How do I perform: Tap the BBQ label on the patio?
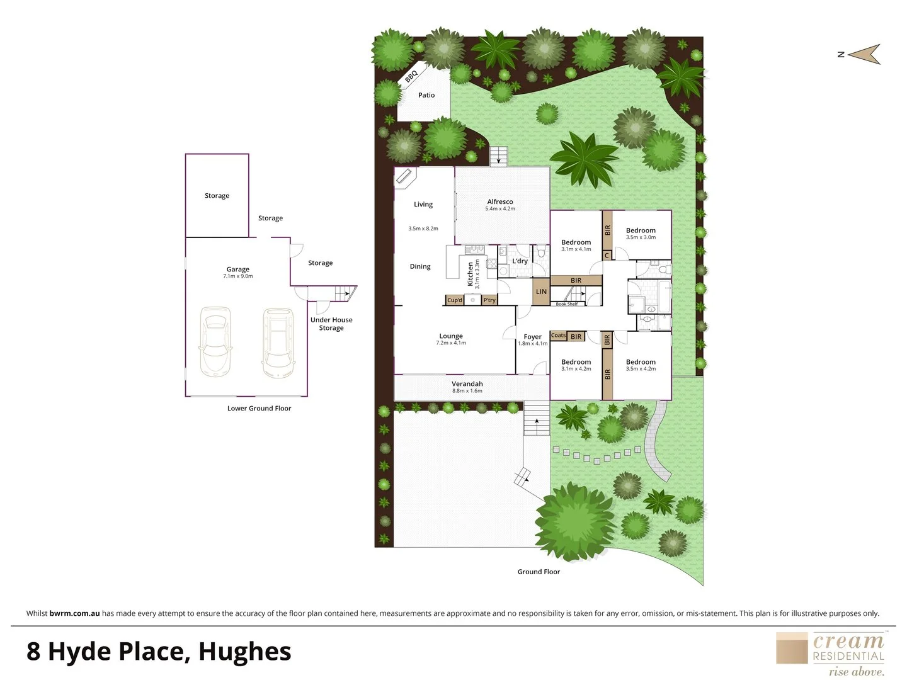click(411, 76)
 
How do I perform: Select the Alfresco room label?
click(500, 201)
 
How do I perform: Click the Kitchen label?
click(470, 275)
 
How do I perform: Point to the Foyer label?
click(532, 337)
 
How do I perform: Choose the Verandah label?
click(467, 383)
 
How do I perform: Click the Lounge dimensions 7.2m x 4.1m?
click(451, 343)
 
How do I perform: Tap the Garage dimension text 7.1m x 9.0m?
click(238, 276)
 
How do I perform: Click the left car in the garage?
click(215, 341)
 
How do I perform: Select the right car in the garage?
click(278, 341)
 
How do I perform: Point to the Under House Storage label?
click(331, 324)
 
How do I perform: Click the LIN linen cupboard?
click(541, 292)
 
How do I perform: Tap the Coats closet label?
click(558, 336)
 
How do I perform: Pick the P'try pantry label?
click(489, 300)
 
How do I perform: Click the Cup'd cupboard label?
click(454, 300)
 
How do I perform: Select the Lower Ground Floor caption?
click(259, 409)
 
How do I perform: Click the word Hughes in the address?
click(244, 652)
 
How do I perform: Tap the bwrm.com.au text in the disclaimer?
click(74, 613)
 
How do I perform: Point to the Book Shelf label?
click(566, 304)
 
